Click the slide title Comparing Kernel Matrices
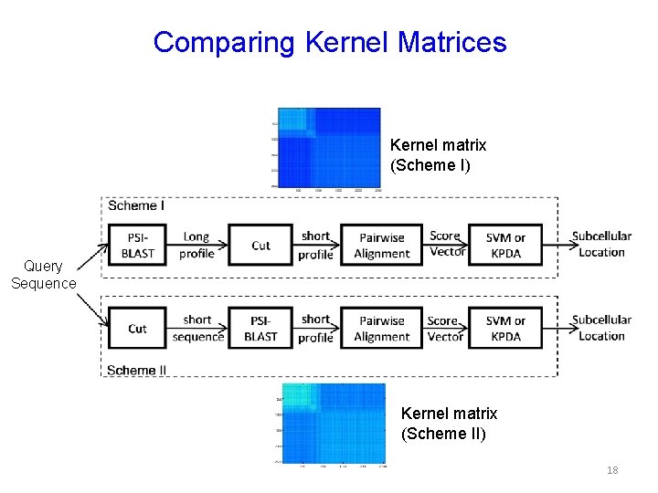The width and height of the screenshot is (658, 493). [x=330, y=42]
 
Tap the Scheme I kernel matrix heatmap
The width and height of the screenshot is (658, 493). [x=329, y=147]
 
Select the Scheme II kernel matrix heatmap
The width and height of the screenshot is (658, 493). [x=334, y=423]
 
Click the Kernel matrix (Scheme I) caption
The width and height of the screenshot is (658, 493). [x=438, y=155]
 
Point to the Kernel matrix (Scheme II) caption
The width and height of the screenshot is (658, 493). [x=449, y=424]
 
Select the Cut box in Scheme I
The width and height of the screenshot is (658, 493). [x=260, y=245]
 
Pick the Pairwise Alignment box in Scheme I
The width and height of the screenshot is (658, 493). [x=381, y=245]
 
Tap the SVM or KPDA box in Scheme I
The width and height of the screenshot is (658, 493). [x=505, y=245]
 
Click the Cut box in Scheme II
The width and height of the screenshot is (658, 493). [x=137, y=328]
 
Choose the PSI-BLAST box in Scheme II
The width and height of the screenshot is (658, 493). [x=260, y=328]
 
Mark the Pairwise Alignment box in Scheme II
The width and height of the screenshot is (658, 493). [x=381, y=328]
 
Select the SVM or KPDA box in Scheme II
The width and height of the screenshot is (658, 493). [x=505, y=328]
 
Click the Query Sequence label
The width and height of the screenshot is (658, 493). [x=44, y=275]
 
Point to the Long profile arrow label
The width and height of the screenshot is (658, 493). [x=196, y=245]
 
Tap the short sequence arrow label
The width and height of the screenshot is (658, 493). [x=197, y=328]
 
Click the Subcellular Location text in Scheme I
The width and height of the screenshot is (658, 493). [x=601, y=244]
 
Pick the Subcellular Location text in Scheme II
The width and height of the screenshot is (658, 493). [x=601, y=328]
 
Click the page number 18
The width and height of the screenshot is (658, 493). [x=612, y=470]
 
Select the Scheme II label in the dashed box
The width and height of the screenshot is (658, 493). [x=137, y=370]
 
